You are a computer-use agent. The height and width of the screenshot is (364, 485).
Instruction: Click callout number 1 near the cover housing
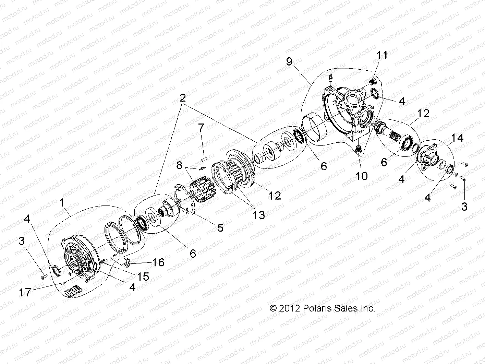[x=62, y=203]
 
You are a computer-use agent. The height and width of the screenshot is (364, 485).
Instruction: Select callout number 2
[x=183, y=98]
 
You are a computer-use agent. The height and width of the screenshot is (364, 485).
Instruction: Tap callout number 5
[x=220, y=227]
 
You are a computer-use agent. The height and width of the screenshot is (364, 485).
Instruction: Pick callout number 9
[x=289, y=61]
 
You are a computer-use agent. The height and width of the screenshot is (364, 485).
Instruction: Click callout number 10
[x=361, y=176]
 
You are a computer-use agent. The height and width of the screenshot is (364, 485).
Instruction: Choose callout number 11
[x=382, y=55]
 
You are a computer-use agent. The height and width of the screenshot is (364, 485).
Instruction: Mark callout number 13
[x=259, y=215]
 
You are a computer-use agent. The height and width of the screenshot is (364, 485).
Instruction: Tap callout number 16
[x=158, y=262]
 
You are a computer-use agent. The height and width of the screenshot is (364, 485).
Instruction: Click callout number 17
[x=26, y=292]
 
